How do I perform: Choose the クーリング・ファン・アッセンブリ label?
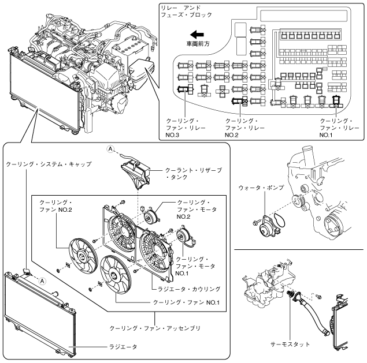tap(155, 328)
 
